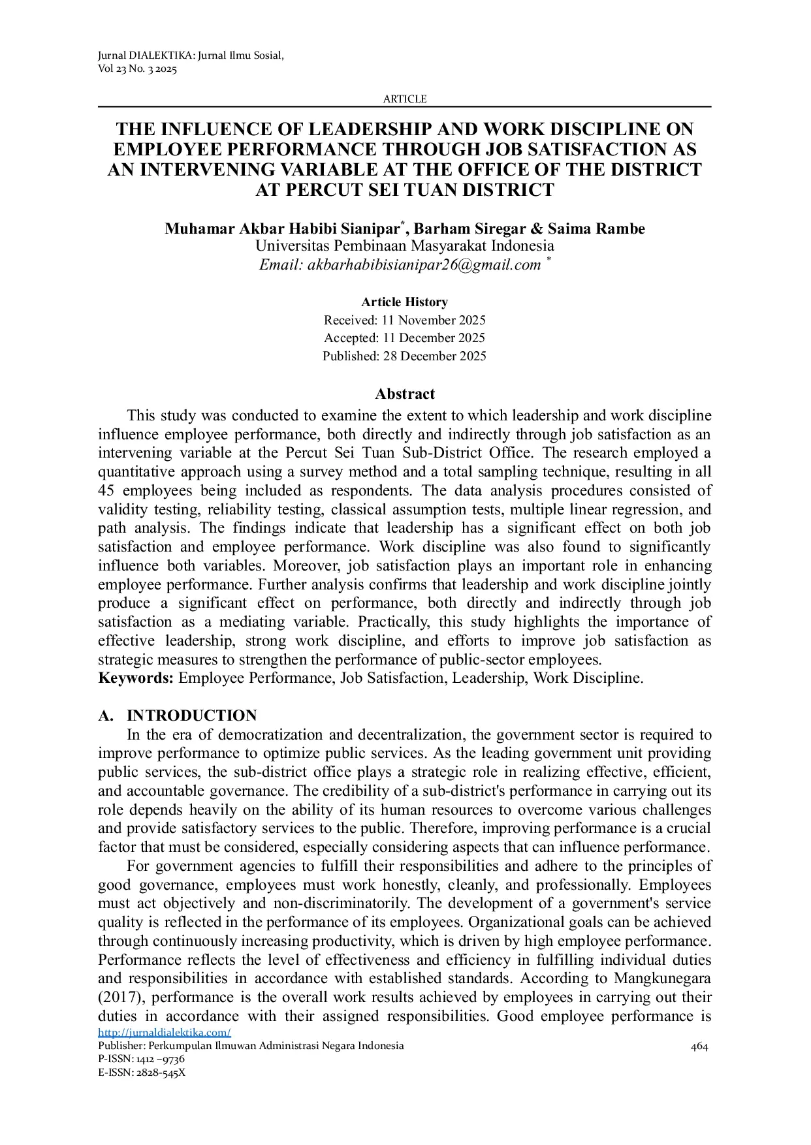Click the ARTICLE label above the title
click(x=404, y=99)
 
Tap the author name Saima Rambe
click(x=596, y=229)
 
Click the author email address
click(x=424, y=264)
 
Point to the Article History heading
click(x=404, y=302)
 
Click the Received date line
click(x=404, y=321)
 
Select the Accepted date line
click(x=404, y=338)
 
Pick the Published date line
click(x=404, y=356)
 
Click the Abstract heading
click(x=404, y=394)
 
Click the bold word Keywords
click(x=135, y=678)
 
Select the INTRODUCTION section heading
click(x=191, y=715)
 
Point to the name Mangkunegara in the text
click(x=661, y=979)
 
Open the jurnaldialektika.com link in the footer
click(x=165, y=1033)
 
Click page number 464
click(x=699, y=1047)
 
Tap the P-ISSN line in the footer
click(x=141, y=1059)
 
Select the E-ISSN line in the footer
click(x=142, y=1073)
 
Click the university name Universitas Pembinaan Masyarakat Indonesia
click(x=404, y=246)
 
